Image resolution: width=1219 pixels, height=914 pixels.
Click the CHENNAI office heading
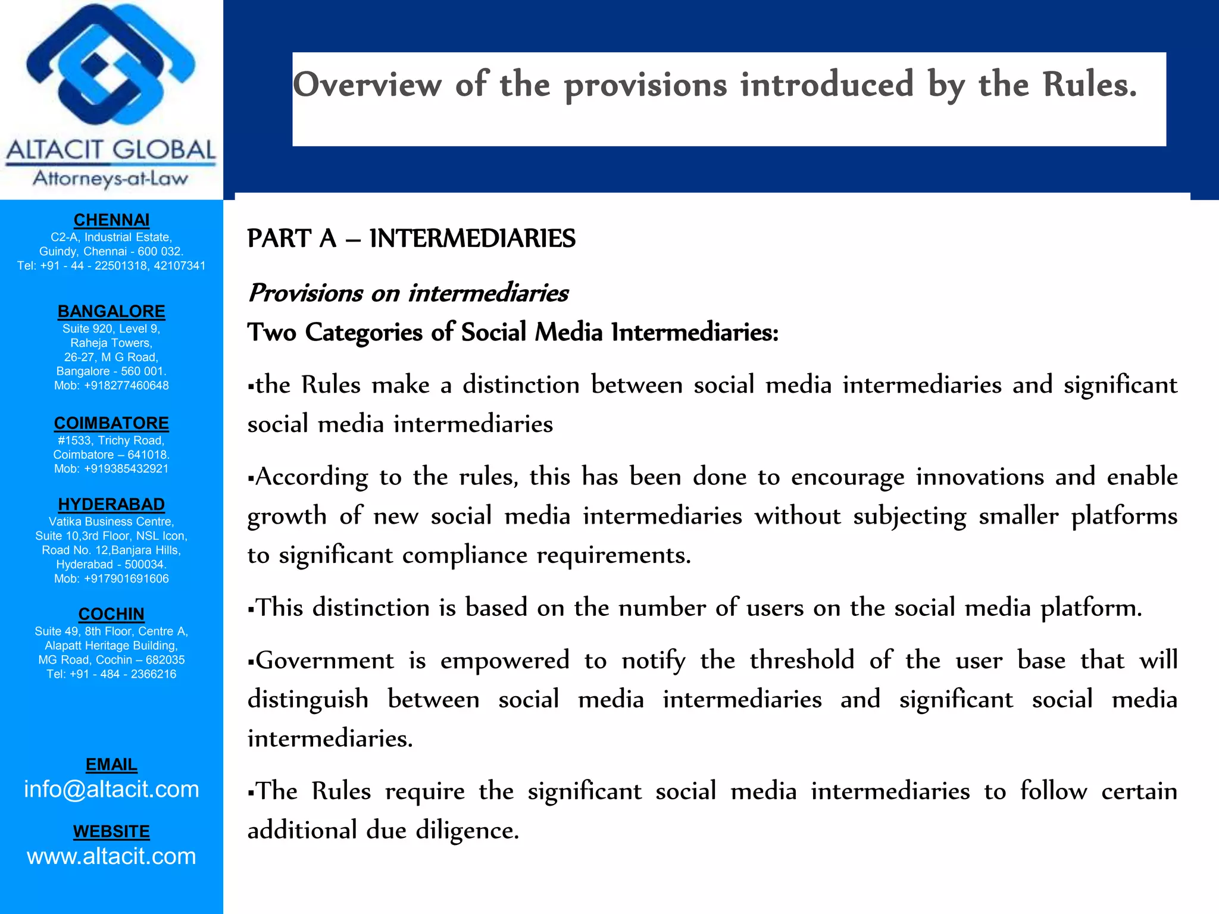pos(111,220)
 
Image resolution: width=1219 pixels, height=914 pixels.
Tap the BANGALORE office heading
pos(111,311)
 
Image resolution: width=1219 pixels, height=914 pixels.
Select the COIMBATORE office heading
pos(111,423)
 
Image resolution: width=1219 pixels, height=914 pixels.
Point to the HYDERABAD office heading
pos(111,504)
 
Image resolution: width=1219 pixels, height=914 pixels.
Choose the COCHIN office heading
pos(111,613)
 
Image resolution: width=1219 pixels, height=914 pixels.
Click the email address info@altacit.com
pos(111,789)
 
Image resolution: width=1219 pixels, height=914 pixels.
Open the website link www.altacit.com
pos(111,856)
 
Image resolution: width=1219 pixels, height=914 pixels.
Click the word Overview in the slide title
pos(367,84)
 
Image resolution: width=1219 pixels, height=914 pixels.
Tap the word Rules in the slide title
pos(1089,84)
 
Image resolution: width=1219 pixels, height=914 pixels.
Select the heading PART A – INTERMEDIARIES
pos(411,239)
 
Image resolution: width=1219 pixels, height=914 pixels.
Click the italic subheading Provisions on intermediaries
pos(408,293)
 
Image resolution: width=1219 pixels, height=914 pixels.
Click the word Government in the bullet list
pos(324,661)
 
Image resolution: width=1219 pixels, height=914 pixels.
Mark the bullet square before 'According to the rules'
pos(251,478)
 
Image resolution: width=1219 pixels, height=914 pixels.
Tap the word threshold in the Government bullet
pos(801,661)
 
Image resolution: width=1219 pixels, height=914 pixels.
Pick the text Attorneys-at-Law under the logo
pos(111,178)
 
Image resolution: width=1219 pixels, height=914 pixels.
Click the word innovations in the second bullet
pos(979,477)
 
